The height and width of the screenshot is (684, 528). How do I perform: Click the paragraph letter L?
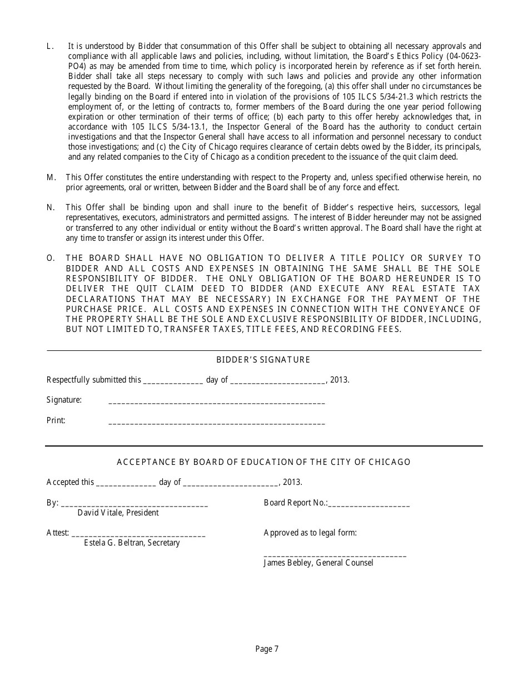point(49,46)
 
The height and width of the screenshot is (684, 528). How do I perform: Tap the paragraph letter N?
point(51,207)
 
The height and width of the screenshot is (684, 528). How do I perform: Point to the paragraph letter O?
point(51,258)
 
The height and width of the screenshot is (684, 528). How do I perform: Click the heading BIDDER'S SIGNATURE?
point(263,360)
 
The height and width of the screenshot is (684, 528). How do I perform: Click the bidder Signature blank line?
point(216,402)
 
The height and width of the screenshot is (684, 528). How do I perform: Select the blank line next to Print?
point(216,423)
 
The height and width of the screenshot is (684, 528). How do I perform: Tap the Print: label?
point(56,420)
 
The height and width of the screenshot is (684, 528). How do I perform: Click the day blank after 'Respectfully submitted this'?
point(173,381)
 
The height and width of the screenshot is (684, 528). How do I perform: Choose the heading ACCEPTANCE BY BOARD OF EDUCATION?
point(263,462)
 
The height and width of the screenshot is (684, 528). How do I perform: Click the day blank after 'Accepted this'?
point(126,484)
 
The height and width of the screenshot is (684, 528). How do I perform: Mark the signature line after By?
point(134,505)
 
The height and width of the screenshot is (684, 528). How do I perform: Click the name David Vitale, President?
point(118,513)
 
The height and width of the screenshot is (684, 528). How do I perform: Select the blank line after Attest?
point(138,535)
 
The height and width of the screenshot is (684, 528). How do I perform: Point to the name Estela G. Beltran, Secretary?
point(132,543)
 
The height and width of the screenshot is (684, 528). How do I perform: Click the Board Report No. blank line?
point(369,505)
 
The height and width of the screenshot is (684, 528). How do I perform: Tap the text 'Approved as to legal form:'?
point(310,533)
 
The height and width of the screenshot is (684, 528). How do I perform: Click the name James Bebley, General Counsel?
point(318,563)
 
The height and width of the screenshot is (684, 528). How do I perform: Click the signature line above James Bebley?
point(335,555)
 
